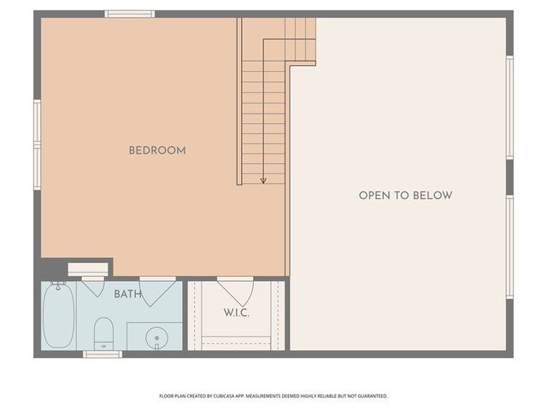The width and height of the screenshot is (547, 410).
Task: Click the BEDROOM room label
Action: click(x=157, y=150)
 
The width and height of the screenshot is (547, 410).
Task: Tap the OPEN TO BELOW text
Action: click(x=406, y=196)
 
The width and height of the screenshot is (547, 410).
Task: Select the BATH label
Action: click(x=127, y=294)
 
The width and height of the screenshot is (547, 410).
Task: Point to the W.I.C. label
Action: click(x=237, y=313)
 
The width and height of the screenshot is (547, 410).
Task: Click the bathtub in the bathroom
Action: click(x=59, y=316)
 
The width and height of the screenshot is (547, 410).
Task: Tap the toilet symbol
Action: click(x=103, y=333)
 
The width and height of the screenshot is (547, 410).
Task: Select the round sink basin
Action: click(x=156, y=338)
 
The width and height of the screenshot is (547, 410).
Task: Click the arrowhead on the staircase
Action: click(x=263, y=180)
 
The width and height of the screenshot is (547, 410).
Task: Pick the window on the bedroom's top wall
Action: click(x=130, y=14)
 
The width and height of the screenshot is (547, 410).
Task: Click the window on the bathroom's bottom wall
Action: click(x=103, y=354)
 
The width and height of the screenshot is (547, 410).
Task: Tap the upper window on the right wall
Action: click(x=509, y=108)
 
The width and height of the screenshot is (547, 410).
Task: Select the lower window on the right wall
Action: click(x=509, y=247)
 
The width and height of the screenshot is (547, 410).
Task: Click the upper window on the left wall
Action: click(x=38, y=120)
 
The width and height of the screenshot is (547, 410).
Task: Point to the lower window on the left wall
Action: click(x=38, y=168)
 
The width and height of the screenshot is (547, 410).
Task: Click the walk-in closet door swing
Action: click(x=236, y=291)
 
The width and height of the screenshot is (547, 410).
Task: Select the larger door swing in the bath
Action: click(x=157, y=291)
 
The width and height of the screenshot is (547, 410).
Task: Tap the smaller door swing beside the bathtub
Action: click(x=93, y=287)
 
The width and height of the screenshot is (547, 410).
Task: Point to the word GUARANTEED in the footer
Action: click(x=374, y=396)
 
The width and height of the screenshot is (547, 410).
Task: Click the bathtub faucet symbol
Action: click(x=58, y=285)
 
